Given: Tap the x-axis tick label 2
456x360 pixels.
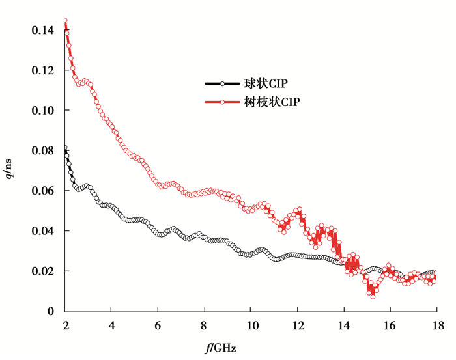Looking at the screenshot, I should (x=65, y=324).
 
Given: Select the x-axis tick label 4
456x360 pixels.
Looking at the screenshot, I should (x=111, y=324).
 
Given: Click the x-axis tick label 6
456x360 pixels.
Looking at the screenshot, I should (x=158, y=324).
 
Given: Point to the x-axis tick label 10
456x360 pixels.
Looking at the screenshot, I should (x=251, y=324).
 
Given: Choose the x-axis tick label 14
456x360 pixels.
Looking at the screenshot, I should (x=343, y=324).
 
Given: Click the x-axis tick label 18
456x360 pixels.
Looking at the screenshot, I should (x=436, y=324).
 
